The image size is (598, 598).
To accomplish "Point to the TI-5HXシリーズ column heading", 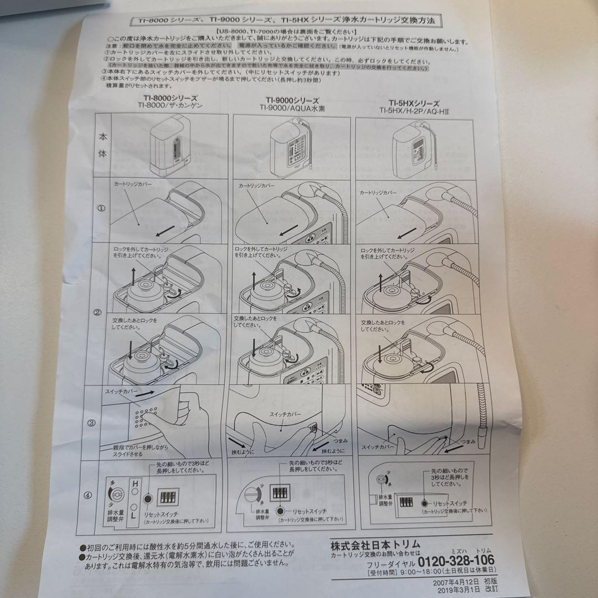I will (413, 103).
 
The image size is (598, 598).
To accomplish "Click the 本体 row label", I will (103, 146).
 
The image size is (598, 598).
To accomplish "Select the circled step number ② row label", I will (97, 312).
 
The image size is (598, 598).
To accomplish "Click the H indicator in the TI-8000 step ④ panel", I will (133, 484).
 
